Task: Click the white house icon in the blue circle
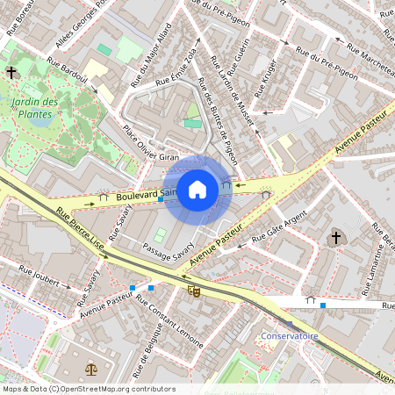[x=197, y=189]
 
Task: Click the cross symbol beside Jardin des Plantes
[x=11, y=73]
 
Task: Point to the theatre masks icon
[x=194, y=287]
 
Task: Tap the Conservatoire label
[x=289, y=336]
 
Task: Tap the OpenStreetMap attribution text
[x=88, y=389]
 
